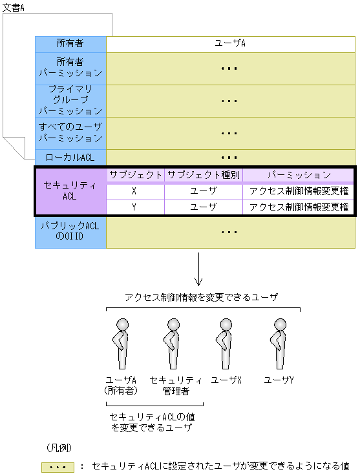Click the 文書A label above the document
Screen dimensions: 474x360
14,6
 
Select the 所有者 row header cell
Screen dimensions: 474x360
70,44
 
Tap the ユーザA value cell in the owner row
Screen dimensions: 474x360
230,44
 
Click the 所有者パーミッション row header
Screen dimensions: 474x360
70,68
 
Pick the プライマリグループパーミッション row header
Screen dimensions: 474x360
70,100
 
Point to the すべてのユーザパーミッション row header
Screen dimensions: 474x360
70,132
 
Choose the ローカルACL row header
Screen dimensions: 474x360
70,157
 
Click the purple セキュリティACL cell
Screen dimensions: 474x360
70,191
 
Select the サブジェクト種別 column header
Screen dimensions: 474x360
204,175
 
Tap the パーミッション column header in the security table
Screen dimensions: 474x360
299,175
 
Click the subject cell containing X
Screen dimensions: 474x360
135,191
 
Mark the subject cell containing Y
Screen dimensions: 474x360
135,207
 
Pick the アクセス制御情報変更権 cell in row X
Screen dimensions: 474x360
299,191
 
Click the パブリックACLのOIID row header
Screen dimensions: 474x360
70,232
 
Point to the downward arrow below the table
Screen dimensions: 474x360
198,270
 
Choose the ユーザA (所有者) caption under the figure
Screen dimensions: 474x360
122,385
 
